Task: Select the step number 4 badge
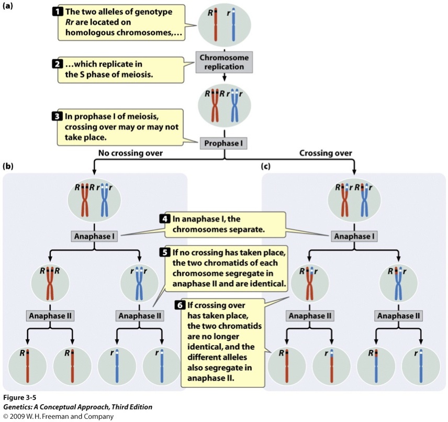coord(166,217)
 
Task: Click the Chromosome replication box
coord(225,62)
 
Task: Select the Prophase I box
coord(225,141)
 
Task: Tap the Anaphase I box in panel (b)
coord(94,236)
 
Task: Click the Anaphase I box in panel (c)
coord(354,236)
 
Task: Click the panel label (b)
coord(9,167)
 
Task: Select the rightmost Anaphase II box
coord(399,316)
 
